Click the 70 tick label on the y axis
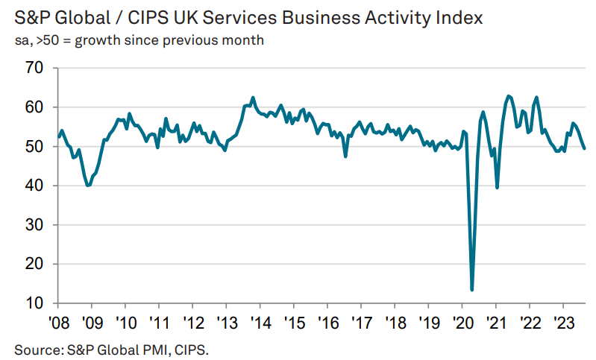[34, 69]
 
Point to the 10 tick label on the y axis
[34, 303]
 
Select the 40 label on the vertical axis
[34, 186]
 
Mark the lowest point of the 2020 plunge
[472, 289]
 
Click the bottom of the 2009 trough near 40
[89, 185]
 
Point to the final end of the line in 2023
[584, 148]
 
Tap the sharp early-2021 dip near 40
[497, 187]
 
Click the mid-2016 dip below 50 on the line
[345, 156]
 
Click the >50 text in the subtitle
[44, 40]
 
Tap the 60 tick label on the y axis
[34, 107]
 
